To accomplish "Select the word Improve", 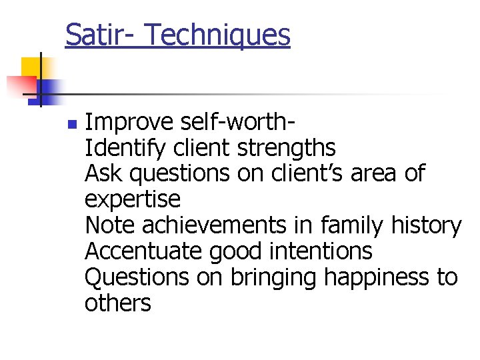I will tap(129, 123).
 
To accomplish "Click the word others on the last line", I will tap(118, 303).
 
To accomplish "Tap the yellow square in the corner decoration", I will tap(31, 67).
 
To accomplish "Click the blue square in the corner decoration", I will tap(48, 90).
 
